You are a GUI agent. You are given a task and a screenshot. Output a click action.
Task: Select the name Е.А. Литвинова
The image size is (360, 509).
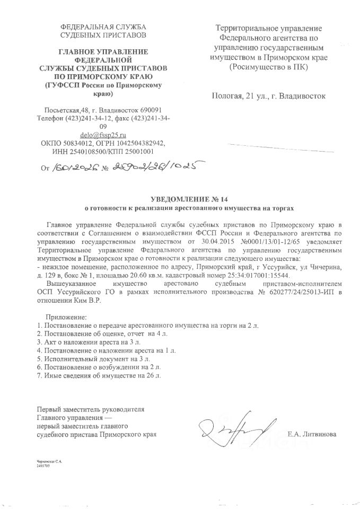click(x=311, y=434)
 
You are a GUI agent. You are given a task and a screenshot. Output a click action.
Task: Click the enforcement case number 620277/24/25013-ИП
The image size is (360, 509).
click(x=286, y=294)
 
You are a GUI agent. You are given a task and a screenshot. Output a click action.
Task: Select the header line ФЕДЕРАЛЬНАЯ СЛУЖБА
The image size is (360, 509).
click(x=104, y=27)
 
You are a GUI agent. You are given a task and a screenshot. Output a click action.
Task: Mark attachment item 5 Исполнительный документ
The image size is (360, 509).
click(x=80, y=358)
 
